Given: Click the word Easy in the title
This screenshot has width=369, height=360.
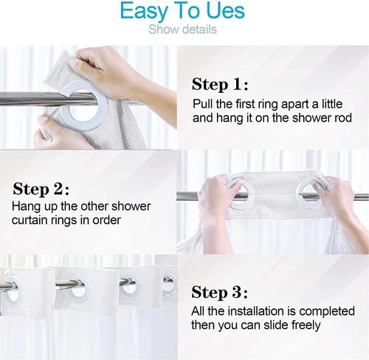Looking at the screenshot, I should [146, 12].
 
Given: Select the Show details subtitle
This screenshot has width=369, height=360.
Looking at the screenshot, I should [182, 30].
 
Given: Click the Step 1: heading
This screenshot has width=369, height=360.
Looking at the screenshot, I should [220, 83].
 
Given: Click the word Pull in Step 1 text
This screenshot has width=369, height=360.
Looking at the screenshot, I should [203, 104].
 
